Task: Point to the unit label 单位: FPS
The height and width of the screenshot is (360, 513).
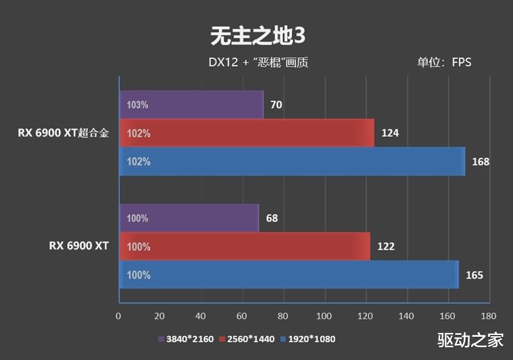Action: (x=444, y=62)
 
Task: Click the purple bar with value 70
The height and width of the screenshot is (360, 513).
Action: (x=191, y=105)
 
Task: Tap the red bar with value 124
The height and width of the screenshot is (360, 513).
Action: (x=246, y=133)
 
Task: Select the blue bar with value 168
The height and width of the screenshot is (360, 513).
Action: (x=292, y=162)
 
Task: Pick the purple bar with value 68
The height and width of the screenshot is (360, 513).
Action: (x=189, y=218)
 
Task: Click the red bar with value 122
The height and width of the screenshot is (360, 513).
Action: (x=244, y=246)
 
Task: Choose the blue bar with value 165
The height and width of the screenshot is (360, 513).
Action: (x=289, y=275)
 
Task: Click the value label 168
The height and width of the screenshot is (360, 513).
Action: (x=481, y=162)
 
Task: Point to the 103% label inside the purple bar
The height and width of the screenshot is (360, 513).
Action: (x=138, y=105)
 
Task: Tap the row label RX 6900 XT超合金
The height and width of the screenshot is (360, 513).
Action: (x=63, y=133)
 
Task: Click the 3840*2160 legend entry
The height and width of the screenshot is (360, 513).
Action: (x=187, y=339)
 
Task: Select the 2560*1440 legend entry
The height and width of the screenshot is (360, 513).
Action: (x=246, y=339)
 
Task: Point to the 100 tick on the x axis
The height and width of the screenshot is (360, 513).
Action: (x=324, y=316)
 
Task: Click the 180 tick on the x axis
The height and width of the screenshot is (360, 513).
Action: (x=489, y=316)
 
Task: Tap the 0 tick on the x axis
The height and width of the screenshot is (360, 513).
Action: (x=119, y=316)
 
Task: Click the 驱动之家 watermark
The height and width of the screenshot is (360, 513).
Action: (x=471, y=340)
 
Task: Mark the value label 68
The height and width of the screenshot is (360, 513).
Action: (x=272, y=218)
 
